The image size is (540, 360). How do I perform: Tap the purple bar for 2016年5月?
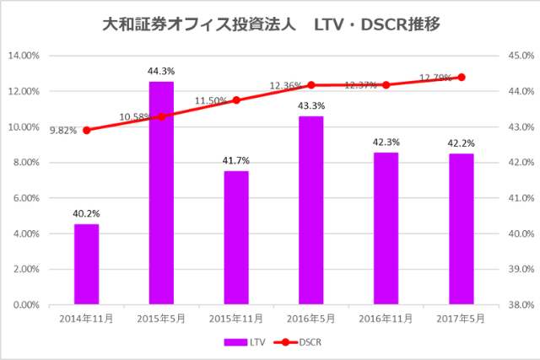point(311,210)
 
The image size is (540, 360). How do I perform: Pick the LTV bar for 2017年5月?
point(461,228)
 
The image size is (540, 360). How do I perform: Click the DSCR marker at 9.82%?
point(86,130)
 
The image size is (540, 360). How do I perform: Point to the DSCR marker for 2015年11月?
point(236,99)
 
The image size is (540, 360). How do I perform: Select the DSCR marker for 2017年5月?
point(461,77)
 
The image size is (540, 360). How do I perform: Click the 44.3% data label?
point(161,72)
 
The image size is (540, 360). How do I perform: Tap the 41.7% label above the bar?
point(236,160)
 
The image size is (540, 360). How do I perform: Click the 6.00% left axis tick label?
point(27,198)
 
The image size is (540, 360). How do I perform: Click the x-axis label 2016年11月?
point(386,320)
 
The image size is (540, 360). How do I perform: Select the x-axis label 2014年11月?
point(86,320)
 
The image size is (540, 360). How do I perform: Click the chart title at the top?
point(270,24)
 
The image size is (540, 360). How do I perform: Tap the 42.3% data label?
point(386,142)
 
